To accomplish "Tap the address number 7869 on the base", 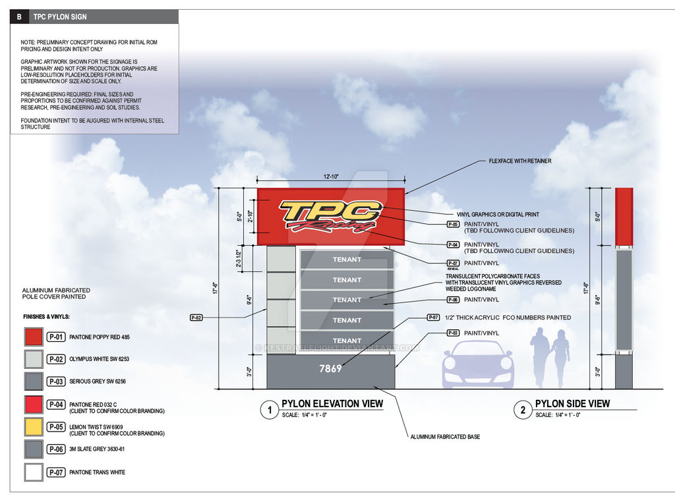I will pyautogui.click(x=330, y=369).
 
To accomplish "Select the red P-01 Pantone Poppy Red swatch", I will pyautogui.click(x=33, y=337).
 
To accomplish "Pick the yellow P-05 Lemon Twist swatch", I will pyautogui.click(x=33, y=427).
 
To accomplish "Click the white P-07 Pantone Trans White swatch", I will pyautogui.click(x=33, y=472).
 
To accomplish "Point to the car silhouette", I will pyautogui.click(x=478, y=364).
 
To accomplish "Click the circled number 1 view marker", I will pyautogui.click(x=268, y=410).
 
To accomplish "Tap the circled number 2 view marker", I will pyautogui.click(x=523, y=410).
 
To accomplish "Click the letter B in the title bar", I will pyautogui.click(x=19, y=16).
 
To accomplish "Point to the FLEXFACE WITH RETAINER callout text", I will pyautogui.click(x=520, y=161).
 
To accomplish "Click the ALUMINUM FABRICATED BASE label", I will pyautogui.click(x=445, y=437).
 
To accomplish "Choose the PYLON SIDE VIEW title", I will pyautogui.click(x=572, y=403).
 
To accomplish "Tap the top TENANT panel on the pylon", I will pyautogui.click(x=347, y=260).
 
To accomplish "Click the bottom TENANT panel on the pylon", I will pyautogui.click(x=347, y=340).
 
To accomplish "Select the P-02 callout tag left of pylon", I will pyautogui.click(x=196, y=318).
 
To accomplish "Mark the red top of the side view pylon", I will pyautogui.click(x=624, y=214).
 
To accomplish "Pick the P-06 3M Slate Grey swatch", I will pyautogui.click(x=33, y=449).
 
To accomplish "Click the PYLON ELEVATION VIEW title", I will pyautogui.click(x=332, y=403).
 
